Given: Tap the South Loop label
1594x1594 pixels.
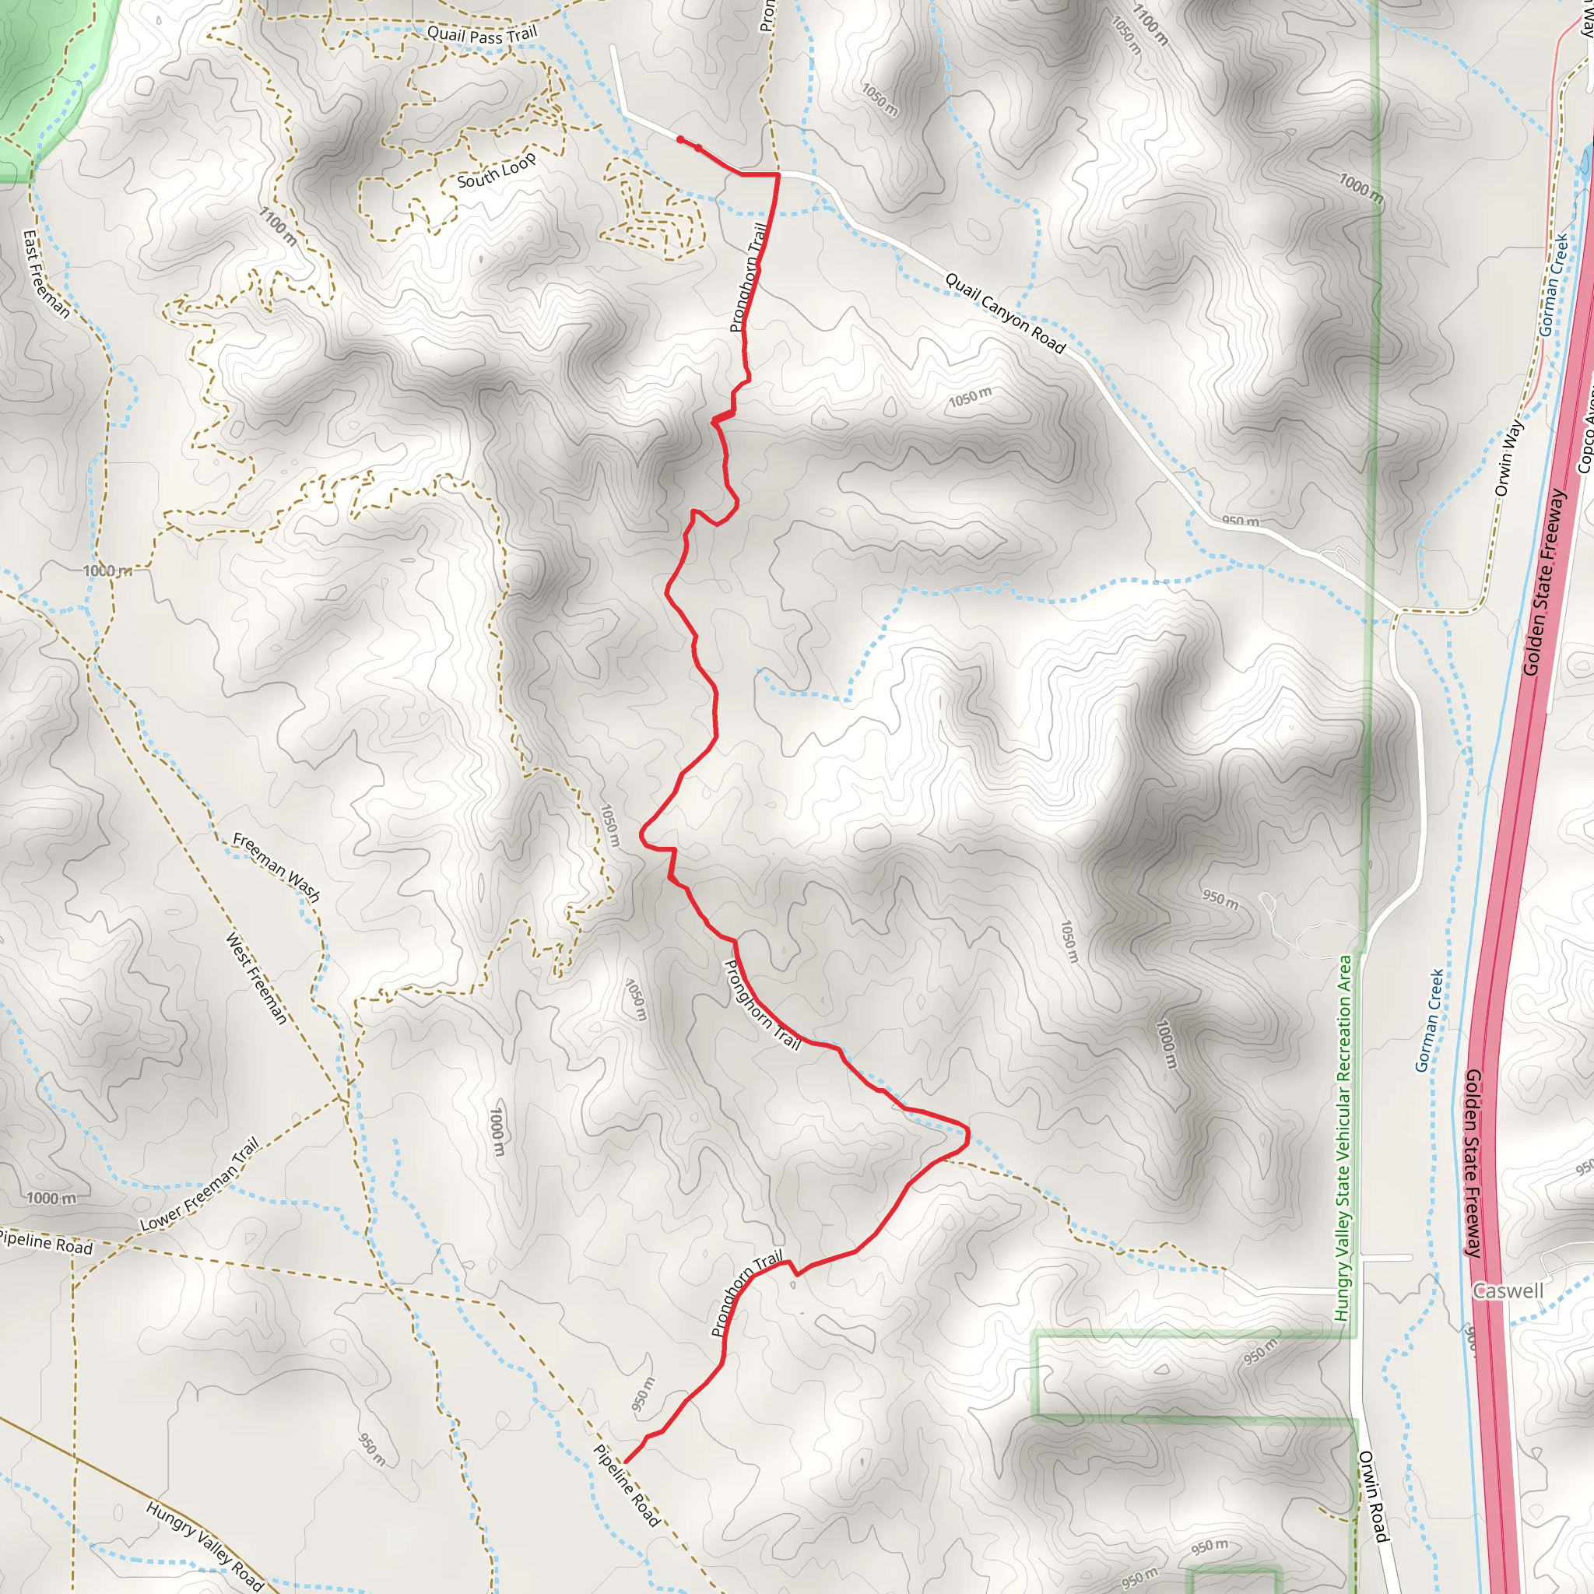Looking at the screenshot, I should point(496,170).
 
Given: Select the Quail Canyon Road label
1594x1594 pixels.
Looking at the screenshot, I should point(1005,314).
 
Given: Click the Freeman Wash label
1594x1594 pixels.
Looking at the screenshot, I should point(276,866).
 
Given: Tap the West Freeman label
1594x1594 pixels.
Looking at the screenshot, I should point(257,978).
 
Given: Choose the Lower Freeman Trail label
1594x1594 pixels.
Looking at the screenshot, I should point(200,1184).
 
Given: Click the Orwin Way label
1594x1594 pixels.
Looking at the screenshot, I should point(1508,458).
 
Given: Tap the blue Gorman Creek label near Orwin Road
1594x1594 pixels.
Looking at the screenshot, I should point(1429,1020).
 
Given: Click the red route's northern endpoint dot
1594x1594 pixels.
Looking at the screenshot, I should point(679,139).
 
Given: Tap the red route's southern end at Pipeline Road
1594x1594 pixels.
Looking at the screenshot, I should point(626,1462).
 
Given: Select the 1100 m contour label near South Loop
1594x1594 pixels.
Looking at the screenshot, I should point(278,226).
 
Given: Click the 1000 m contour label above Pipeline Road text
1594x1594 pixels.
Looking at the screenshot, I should point(51,1198).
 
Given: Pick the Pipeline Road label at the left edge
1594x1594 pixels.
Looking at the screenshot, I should point(45,1242).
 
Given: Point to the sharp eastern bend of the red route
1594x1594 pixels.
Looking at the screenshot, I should point(967,1136).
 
